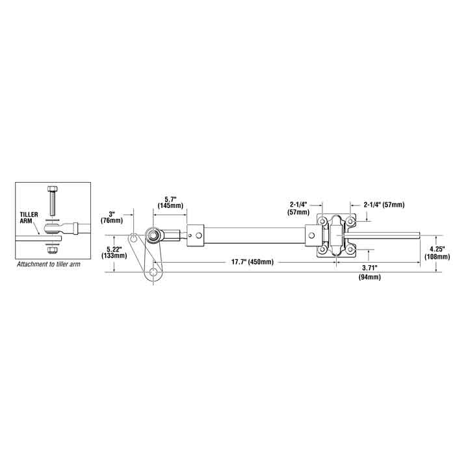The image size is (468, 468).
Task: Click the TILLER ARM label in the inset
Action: coord(29,216)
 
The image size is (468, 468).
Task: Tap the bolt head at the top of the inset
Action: coord(53,189)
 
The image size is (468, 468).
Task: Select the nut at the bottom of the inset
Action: coord(53,248)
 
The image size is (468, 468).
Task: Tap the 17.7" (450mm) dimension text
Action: coord(252,262)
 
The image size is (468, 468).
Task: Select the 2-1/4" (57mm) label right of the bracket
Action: coord(383,205)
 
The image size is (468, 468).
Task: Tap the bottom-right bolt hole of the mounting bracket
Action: coord(352,249)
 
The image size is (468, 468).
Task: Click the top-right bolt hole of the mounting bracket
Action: coord(352,222)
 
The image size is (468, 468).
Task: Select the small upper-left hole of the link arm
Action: coord(134,236)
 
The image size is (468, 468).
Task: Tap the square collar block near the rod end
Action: coord(195,235)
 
